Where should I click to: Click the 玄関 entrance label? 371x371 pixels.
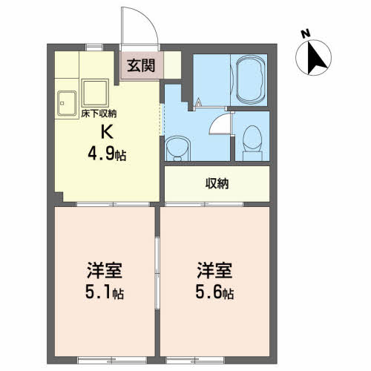click(x=141, y=66)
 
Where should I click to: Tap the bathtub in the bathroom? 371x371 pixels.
click(x=250, y=80)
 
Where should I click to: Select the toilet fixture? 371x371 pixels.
click(x=252, y=143)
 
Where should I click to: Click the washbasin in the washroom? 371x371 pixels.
click(x=177, y=149)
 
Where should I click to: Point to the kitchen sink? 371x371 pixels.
click(x=67, y=103)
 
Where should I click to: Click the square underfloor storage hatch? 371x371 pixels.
click(x=95, y=93)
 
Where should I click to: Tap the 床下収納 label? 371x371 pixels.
click(x=99, y=114)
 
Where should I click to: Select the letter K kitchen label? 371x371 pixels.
click(x=107, y=131)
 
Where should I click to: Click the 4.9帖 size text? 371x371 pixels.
click(x=107, y=155)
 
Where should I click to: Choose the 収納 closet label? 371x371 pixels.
click(x=217, y=183)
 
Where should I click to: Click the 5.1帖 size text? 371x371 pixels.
click(x=105, y=292)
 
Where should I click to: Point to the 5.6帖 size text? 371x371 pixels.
click(x=214, y=292)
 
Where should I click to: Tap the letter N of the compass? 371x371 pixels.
click(x=306, y=33)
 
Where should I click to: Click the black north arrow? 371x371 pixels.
click(x=315, y=57)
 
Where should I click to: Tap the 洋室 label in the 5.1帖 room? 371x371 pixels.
click(x=104, y=270)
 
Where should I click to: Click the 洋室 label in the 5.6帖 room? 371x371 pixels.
click(x=214, y=270)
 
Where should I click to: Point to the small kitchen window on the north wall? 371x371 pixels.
click(x=94, y=47)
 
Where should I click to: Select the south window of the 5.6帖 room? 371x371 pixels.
click(x=195, y=360)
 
